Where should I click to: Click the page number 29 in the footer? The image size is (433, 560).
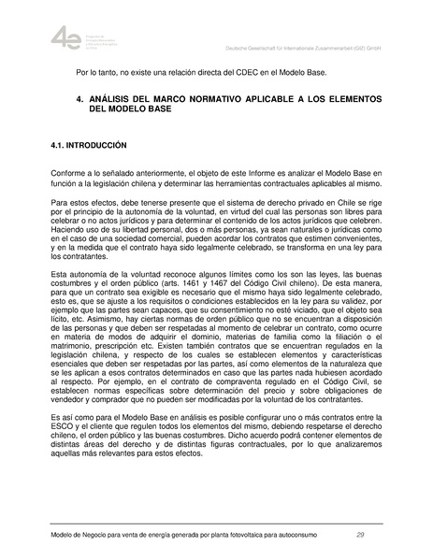point(360,534)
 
